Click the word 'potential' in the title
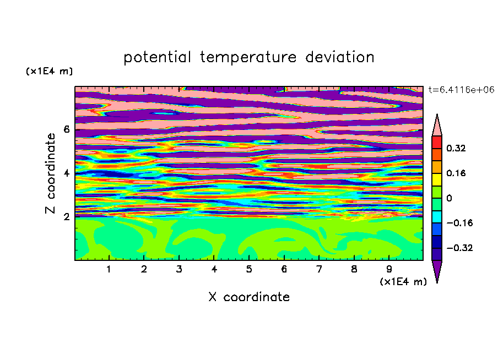pos(157,58)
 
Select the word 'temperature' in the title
pos(248,57)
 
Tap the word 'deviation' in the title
pos(339,57)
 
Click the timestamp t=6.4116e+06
pos(461,90)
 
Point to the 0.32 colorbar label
pos(456,148)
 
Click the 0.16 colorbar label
pos(456,173)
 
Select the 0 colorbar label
pos(449,198)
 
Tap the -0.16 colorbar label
pos(459,223)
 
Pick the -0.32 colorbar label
pos(459,248)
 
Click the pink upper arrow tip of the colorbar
pos(437,114)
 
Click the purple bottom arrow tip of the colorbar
pos(437,282)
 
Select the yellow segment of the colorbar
pos(437,179)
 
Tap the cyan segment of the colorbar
pos(437,217)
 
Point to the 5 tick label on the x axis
pos(249,269)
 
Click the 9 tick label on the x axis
pos(389,269)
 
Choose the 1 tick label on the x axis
pos(109,269)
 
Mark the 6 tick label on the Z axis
pos(66,129)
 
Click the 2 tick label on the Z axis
pos(66,216)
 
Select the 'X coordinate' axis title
pos(249,297)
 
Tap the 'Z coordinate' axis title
pos(51,173)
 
